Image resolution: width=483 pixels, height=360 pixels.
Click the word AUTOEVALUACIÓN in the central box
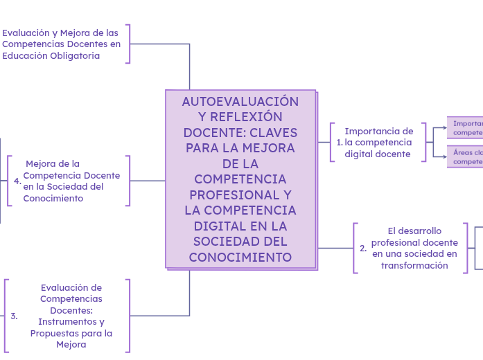pyautogui.click(x=240, y=102)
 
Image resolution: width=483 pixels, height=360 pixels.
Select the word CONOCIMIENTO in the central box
pyautogui.click(x=240, y=257)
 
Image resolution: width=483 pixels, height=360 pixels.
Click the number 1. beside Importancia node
pyautogui.click(x=340, y=143)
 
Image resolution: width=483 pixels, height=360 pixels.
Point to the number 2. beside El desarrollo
pyautogui.click(x=363, y=249)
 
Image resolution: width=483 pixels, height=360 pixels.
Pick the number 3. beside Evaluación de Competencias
pyautogui.click(x=14, y=316)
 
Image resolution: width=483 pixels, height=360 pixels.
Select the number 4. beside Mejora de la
pyautogui.click(x=17, y=181)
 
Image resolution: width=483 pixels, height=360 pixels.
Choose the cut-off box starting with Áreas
pyautogui.click(x=465, y=156)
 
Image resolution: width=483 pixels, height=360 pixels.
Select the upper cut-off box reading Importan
pyautogui.click(x=465, y=127)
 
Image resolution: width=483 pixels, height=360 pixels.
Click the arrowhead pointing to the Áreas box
pyautogui.click(x=444, y=157)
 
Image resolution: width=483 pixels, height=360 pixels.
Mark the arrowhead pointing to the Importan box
pyautogui.click(x=444, y=127)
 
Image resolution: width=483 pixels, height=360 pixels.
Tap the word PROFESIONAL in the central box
pyautogui.click(x=240, y=195)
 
